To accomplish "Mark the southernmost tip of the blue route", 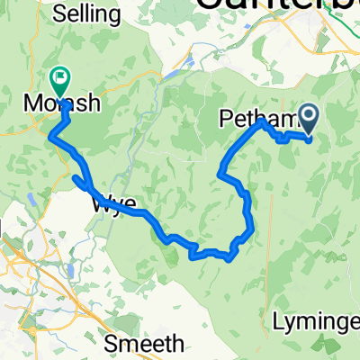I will (x=229, y=258).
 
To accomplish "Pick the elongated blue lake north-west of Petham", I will (x=193, y=64).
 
